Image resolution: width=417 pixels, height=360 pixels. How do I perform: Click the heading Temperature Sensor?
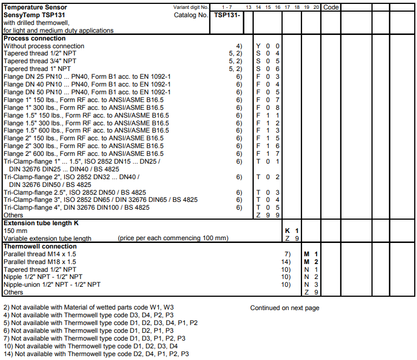click(x=36, y=7)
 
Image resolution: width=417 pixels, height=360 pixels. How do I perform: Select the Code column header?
click(x=331, y=7)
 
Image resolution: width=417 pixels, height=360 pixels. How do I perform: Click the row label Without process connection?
click(x=44, y=46)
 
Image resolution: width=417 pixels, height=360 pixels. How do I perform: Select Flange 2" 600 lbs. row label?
click(x=84, y=153)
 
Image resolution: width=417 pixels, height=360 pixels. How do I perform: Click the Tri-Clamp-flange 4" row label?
click(x=77, y=207)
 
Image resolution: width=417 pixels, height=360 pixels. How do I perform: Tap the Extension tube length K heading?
click(x=41, y=223)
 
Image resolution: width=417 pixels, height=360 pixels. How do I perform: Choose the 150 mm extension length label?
click(x=15, y=230)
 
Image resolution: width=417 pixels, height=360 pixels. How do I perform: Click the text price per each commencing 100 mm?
click(x=173, y=238)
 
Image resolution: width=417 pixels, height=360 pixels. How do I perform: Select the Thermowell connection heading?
click(x=40, y=246)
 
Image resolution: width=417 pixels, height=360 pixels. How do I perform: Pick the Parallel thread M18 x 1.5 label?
click(x=40, y=261)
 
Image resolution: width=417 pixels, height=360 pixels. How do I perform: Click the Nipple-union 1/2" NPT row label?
click(x=52, y=284)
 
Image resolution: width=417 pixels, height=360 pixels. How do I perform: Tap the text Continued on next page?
click(x=284, y=308)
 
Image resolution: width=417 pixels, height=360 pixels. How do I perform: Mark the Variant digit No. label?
click(x=191, y=7)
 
